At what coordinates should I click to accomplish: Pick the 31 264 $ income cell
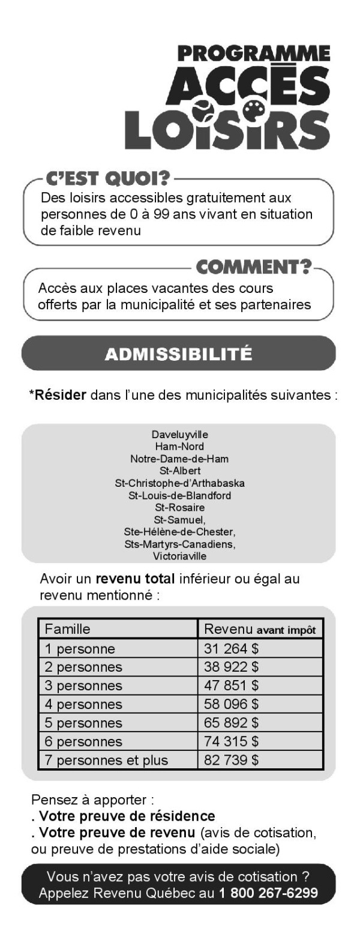(x=232, y=649)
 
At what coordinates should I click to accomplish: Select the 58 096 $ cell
(x=232, y=704)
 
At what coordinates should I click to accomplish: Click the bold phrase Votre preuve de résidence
(x=127, y=816)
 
